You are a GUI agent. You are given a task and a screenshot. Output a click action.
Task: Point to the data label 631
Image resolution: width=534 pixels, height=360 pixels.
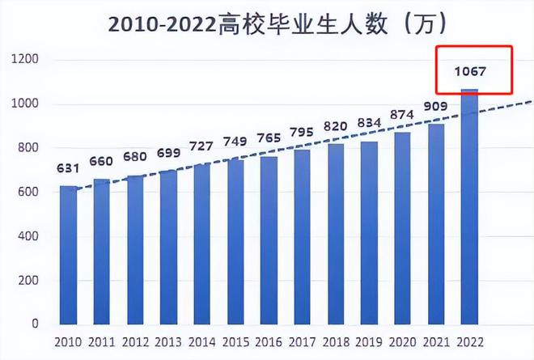(68, 169)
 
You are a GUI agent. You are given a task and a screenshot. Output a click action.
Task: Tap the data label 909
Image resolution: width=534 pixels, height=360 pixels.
(435, 106)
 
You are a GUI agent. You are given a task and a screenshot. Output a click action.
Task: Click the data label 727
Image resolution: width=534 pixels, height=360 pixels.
(201, 146)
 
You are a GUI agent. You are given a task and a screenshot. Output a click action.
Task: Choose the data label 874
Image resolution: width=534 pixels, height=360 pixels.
(402, 115)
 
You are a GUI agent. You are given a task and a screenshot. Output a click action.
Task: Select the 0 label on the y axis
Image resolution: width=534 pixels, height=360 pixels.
(36, 324)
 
